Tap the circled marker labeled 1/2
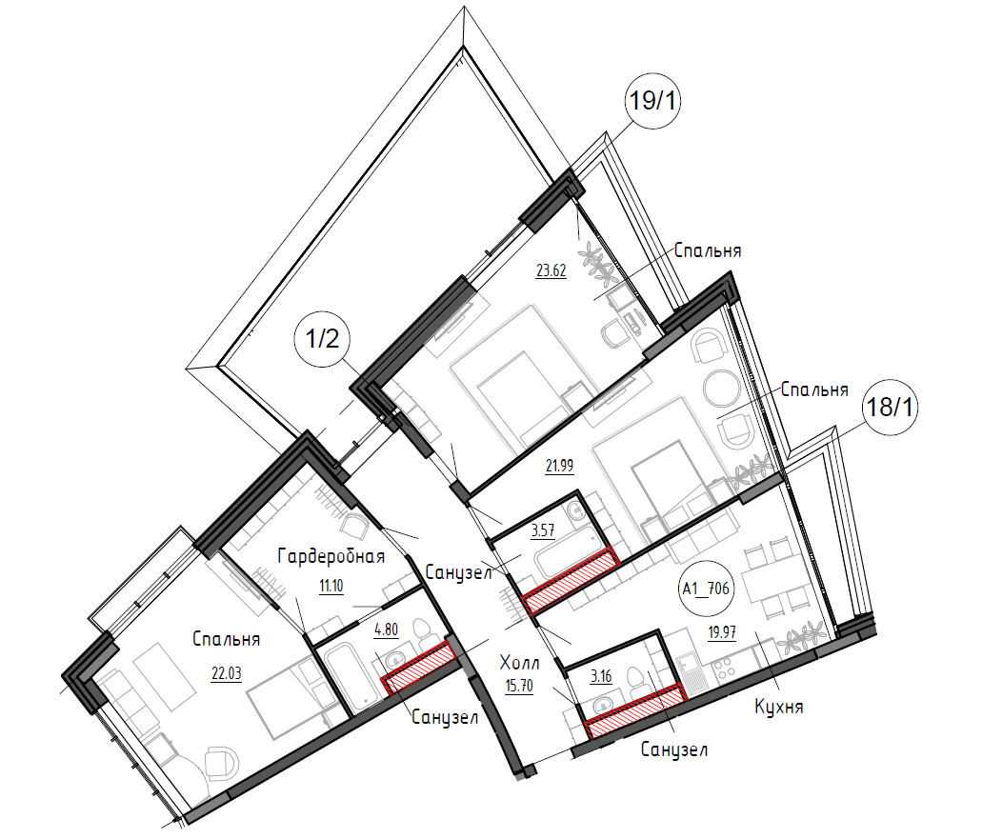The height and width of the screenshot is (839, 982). (322, 339)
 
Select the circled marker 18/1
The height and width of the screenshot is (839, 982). (890, 408)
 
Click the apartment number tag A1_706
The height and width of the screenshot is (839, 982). (706, 589)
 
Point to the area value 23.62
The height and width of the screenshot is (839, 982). (551, 270)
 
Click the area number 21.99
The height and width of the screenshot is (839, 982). (559, 466)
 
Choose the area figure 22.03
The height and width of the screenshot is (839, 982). (226, 673)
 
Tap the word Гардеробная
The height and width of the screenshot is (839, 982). (331, 556)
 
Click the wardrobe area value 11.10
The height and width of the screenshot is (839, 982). (331, 587)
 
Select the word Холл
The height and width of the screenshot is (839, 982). (519, 663)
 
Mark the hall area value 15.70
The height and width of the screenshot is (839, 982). (519, 687)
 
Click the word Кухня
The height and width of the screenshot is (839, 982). (778, 708)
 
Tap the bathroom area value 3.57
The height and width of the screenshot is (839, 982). (542, 531)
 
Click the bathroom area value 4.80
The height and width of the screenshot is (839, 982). (386, 629)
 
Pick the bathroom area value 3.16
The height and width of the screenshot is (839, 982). (601, 676)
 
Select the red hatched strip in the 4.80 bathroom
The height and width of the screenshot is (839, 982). (418, 668)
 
